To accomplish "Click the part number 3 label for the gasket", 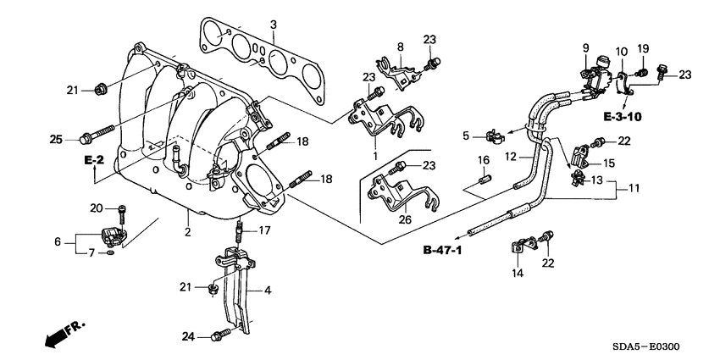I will pos(273,23).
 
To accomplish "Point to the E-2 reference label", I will pos(92,160).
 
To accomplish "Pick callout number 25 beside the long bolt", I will pos(57,138).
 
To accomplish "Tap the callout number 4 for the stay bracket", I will pos(268,291).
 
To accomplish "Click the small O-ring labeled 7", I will pos(113,252).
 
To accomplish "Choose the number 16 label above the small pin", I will pos(483,159).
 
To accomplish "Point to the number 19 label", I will pos(643,48).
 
